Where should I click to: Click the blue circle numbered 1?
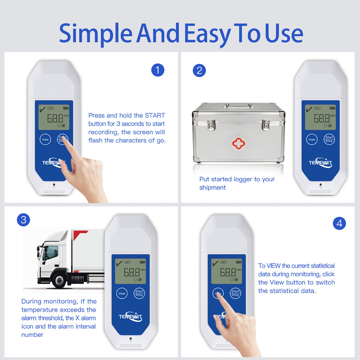tap(158, 70)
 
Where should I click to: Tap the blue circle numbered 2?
tap(199, 71)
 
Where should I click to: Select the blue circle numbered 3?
tap(23, 220)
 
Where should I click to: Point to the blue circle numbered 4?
tap(339, 224)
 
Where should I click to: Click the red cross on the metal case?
tap(239, 144)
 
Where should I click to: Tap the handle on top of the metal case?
tap(239, 105)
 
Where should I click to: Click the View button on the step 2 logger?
tap(312, 139)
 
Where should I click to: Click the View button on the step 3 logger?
tap(122, 293)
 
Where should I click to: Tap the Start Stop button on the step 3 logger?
tap(139, 293)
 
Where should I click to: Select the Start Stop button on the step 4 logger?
tap(235, 293)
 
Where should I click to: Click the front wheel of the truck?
tap(59, 280)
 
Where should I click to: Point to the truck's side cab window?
tap(50, 252)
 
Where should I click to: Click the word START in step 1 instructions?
tap(155, 115)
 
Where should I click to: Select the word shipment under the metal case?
tap(212, 188)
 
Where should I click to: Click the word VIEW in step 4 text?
tap(274, 266)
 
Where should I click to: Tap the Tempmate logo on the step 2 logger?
tap(320, 163)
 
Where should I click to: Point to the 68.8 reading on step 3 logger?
tap(132, 272)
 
